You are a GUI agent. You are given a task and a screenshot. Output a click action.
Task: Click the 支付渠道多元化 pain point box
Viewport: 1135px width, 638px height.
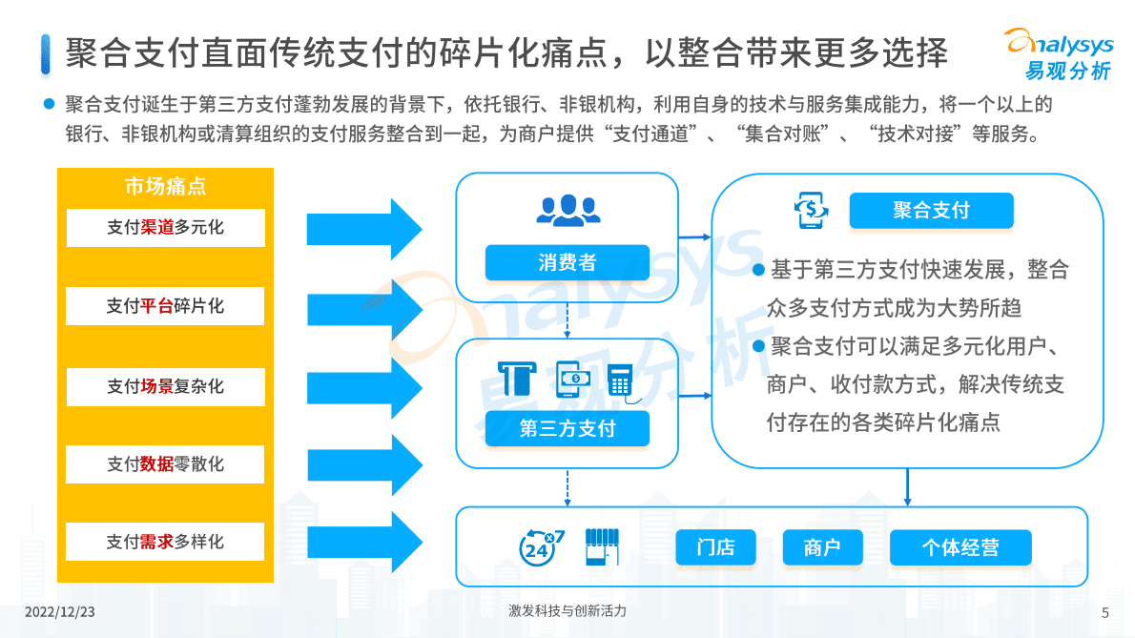pyautogui.click(x=165, y=228)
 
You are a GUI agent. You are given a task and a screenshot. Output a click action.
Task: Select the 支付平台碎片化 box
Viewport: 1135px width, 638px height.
pyautogui.click(x=165, y=306)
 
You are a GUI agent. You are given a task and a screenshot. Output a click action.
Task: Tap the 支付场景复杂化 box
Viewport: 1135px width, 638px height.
pyautogui.click(x=165, y=386)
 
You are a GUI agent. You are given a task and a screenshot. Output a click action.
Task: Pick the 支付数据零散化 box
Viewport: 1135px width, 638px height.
pyautogui.click(x=165, y=464)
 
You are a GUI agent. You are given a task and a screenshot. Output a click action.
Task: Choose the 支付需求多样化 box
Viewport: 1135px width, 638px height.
pyautogui.click(x=165, y=542)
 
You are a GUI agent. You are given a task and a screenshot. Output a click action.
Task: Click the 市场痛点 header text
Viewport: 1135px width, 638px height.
pyautogui.click(x=165, y=186)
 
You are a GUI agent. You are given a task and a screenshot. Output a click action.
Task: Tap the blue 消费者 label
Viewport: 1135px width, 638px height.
pyautogui.click(x=567, y=263)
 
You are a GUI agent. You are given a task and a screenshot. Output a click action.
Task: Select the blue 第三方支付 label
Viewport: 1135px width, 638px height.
pyautogui.click(x=567, y=429)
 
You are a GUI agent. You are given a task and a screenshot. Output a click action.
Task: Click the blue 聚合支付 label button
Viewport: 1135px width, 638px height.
pyautogui.click(x=930, y=211)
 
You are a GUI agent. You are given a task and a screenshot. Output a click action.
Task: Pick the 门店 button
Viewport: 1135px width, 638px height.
pyautogui.click(x=715, y=547)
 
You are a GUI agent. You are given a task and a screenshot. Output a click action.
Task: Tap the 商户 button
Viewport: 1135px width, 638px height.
pyautogui.click(x=821, y=547)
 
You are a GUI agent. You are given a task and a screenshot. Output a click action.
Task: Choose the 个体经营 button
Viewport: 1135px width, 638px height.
pyautogui.click(x=960, y=547)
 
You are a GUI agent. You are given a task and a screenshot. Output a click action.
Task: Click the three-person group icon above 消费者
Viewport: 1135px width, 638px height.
pyautogui.click(x=567, y=209)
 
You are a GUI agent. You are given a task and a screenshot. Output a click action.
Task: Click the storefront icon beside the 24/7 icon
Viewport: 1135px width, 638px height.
pyautogui.click(x=601, y=545)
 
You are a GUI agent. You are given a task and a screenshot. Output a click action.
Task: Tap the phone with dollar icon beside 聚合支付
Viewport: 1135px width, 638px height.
pyautogui.click(x=811, y=209)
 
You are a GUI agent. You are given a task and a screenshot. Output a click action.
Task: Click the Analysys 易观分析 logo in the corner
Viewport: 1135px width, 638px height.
pyautogui.click(x=1059, y=53)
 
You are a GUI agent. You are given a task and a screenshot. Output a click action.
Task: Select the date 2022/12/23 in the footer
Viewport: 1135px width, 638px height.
pyautogui.click(x=65, y=611)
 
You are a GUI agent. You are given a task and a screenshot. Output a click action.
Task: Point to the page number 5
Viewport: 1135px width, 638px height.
pyautogui.click(x=1104, y=612)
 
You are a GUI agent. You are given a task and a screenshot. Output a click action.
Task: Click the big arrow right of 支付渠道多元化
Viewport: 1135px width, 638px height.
pyautogui.click(x=363, y=229)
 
